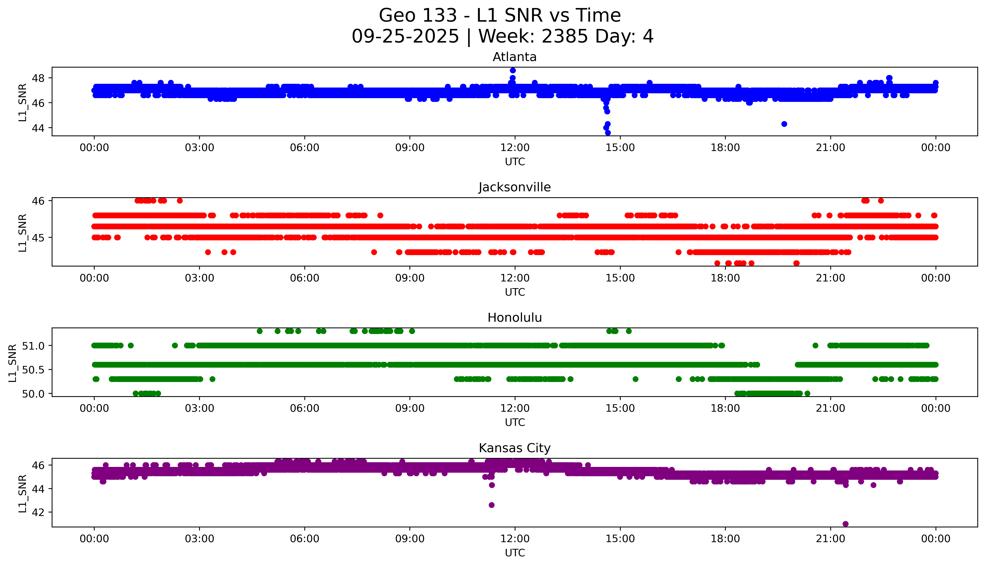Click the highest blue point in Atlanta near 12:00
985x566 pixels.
coord(513,70)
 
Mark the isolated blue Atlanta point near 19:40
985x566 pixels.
coord(784,124)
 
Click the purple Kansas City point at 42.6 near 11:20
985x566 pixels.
coord(491,505)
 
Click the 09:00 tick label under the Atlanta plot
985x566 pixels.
coord(410,148)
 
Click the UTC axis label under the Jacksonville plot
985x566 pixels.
coord(515,292)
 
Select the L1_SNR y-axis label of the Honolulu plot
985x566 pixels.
coord(13,363)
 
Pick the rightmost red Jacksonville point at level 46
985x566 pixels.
coord(881,201)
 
